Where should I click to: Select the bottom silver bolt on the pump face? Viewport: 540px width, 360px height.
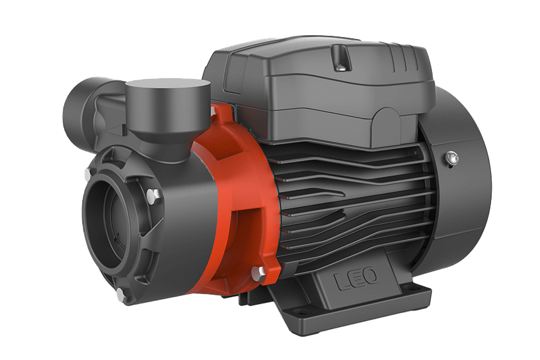pos(119,293)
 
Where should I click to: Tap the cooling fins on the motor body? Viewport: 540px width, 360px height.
pos(352,195)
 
